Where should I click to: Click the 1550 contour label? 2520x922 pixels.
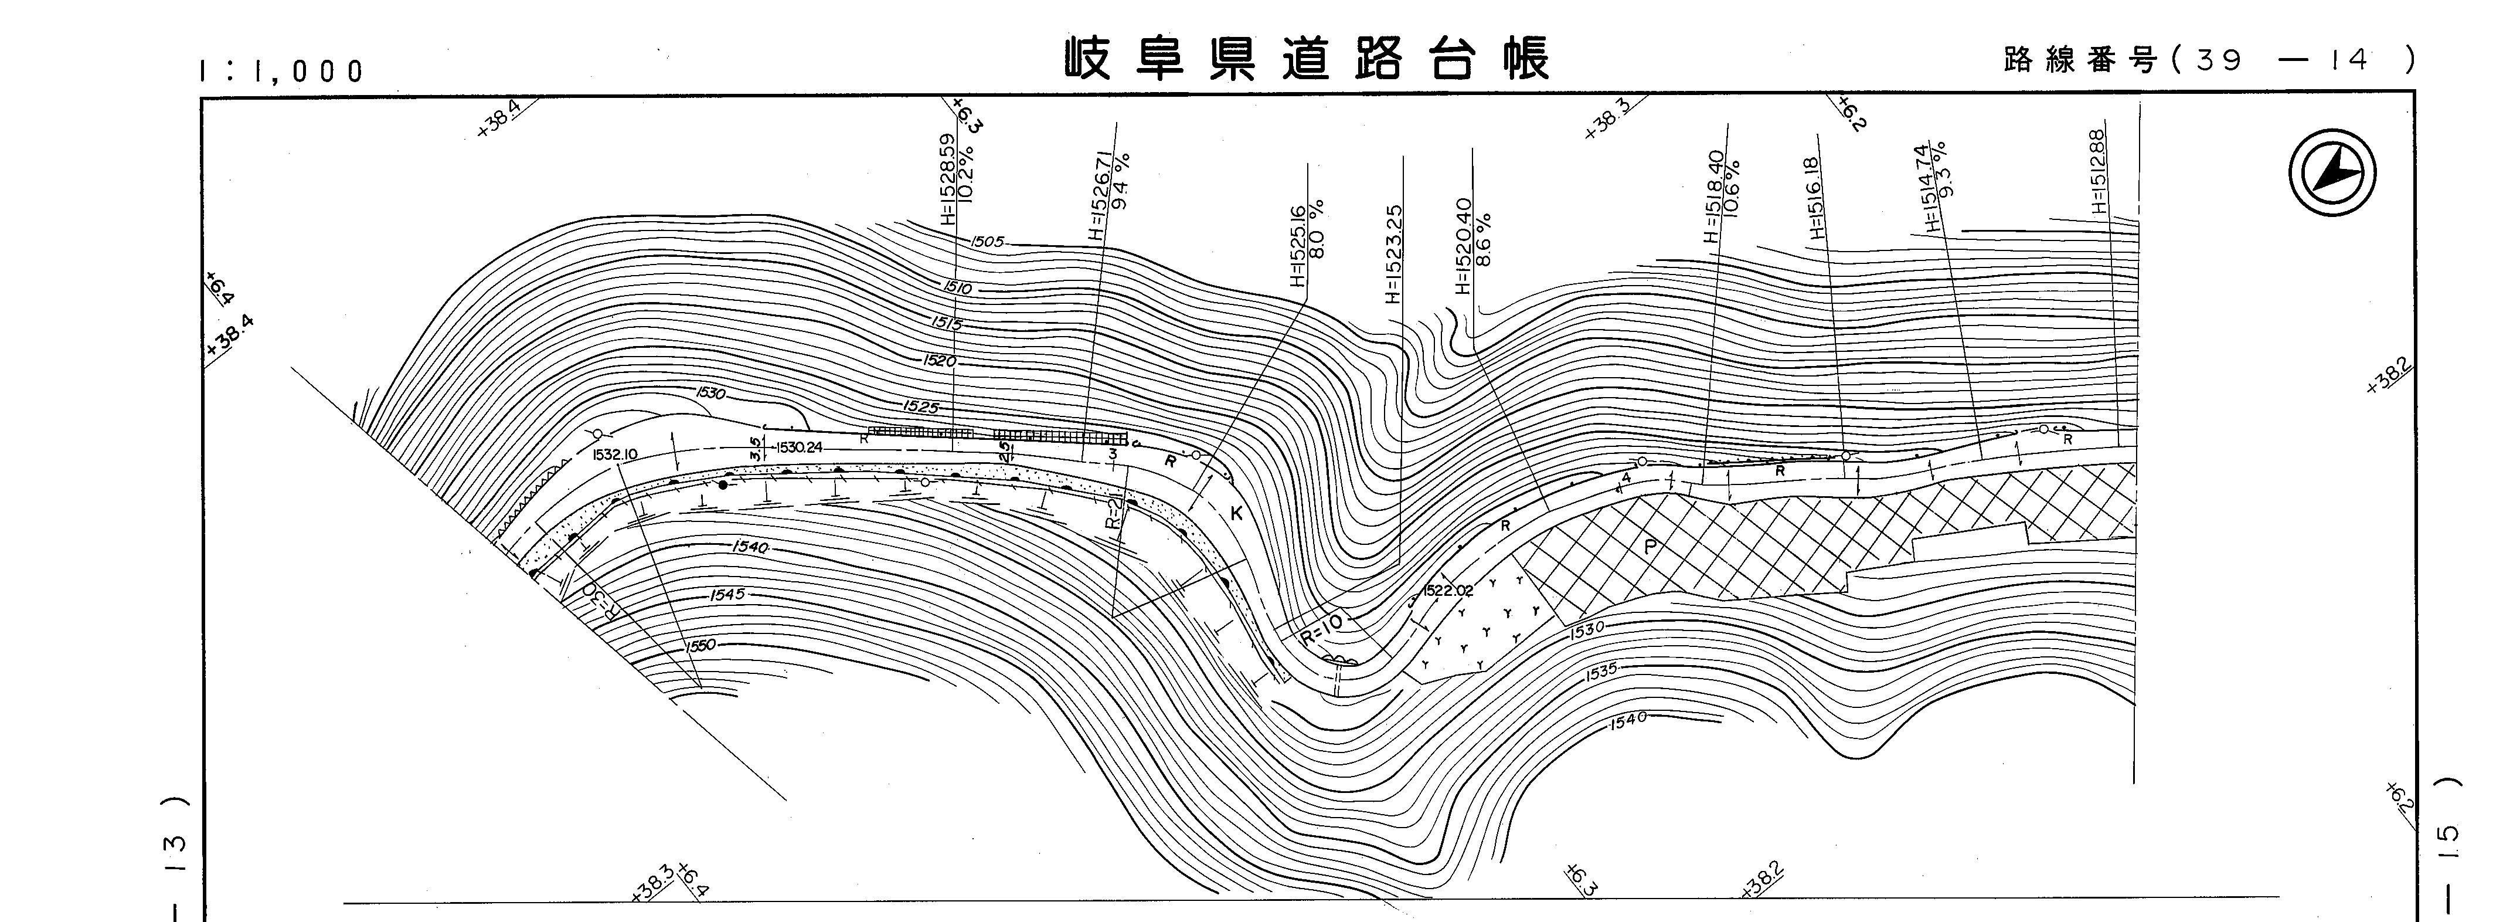click(700, 645)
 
